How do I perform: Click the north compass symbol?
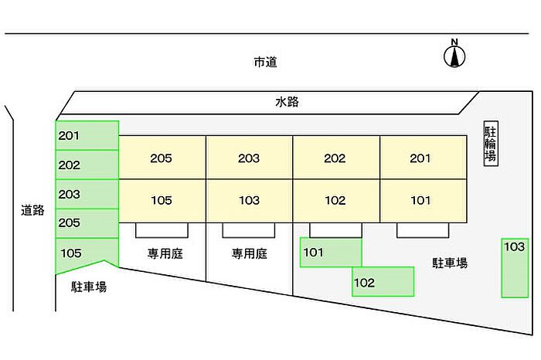coord(454,54)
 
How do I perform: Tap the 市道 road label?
coord(265,62)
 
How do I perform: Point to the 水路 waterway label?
coord(287,101)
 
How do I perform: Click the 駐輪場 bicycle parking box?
coord(490,144)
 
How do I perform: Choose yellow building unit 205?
coord(162,158)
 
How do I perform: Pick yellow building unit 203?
coord(249,158)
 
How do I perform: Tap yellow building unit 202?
coord(335,158)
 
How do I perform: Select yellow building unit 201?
coord(422,158)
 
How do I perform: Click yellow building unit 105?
coord(162,201)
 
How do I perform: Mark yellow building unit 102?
coord(335,201)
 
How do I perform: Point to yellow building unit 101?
coord(422,201)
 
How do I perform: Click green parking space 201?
coord(87,135)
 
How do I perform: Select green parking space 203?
coord(87,194)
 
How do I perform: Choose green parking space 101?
coord(331,253)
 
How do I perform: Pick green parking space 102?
coord(383,282)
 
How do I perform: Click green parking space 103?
coord(515,267)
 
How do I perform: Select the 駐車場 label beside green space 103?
coord(450,263)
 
